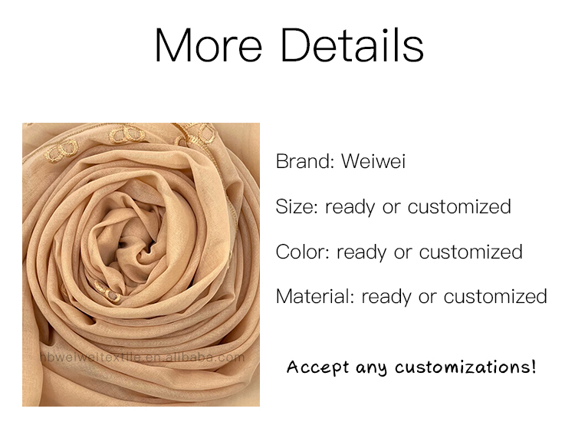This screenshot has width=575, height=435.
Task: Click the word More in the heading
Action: point(209,45)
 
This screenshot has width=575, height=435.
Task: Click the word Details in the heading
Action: point(353,45)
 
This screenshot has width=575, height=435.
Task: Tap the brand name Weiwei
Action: point(373,161)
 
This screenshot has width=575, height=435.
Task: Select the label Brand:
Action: point(304,161)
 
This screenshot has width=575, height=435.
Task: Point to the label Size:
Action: point(297,206)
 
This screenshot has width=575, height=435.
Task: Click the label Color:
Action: point(303,252)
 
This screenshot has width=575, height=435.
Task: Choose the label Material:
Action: point(315,297)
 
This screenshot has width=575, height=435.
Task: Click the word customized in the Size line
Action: point(459,206)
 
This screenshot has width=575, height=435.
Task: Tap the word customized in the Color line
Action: point(471,252)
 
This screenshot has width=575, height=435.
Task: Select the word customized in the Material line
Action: point(495,297)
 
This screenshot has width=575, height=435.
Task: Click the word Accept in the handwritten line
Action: point(317,367)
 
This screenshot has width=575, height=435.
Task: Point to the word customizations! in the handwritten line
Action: point(465,367)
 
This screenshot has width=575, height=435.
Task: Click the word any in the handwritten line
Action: point(372,368)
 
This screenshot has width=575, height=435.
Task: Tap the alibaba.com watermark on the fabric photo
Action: point(143,357)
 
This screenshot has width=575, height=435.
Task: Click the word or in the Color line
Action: point(402,253)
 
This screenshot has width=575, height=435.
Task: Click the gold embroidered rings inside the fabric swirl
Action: point(107,292)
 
